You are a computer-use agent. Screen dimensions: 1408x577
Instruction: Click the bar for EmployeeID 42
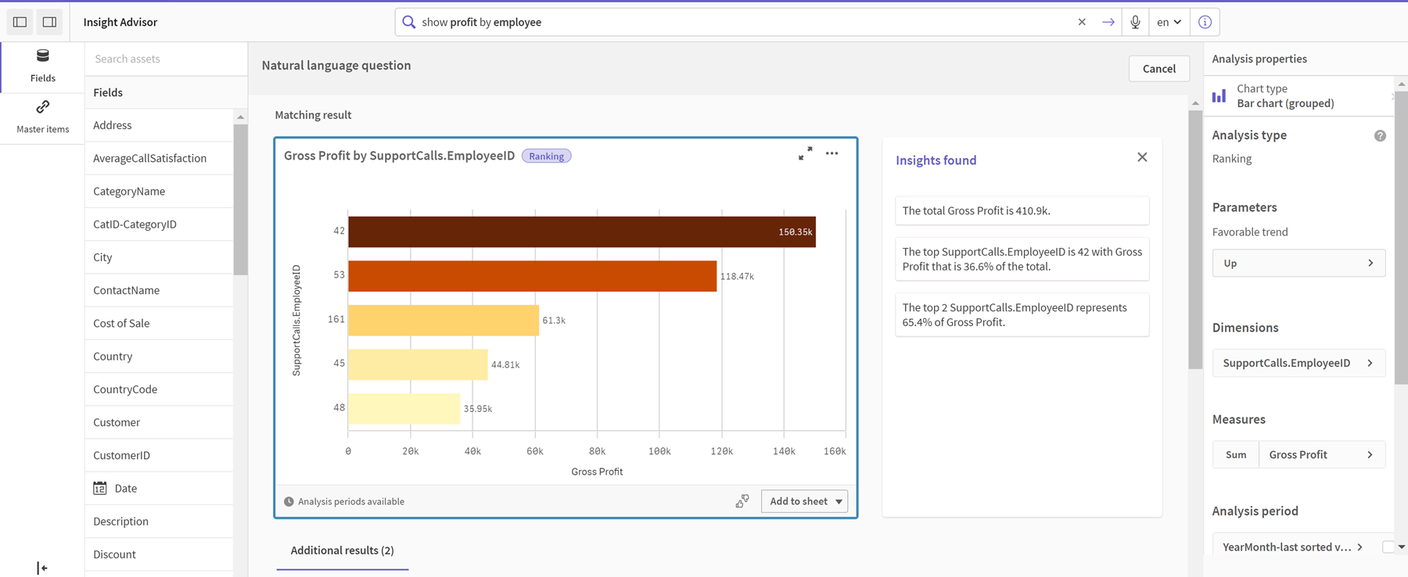tap(582, 231)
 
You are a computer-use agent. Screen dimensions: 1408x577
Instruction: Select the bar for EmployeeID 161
tap(444, 320)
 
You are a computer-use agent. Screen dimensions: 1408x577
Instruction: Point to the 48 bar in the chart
tap(404, 408)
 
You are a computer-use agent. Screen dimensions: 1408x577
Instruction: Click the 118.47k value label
tap(737, 276)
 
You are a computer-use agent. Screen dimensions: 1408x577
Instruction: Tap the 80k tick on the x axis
tap(597, 451)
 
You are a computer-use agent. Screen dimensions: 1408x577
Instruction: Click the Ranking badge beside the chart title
tap(546, 156)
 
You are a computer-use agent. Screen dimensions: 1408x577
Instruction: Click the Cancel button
tap(1158, 69)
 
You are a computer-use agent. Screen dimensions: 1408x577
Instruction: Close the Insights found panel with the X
tap(1142, 157)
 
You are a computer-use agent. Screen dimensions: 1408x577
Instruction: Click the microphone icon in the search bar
tap(1135, 22)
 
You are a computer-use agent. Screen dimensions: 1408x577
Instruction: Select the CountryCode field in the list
tap(125, 389)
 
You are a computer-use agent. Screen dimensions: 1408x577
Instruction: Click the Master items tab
tap(43, 116)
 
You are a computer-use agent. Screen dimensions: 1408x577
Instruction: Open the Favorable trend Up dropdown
tap(1298, 263)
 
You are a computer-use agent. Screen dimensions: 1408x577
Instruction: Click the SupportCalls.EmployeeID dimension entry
tap(1298, 363)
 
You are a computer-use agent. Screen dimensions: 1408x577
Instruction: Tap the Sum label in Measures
tap(1236, 454)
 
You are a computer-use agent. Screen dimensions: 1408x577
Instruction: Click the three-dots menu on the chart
tap(832, 153)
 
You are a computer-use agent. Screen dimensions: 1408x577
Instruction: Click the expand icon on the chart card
tap(805, 153)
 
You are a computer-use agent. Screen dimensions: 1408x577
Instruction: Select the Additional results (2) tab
tap(343, 550)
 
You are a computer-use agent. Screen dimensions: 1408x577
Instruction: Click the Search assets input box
tap(166, 59)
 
